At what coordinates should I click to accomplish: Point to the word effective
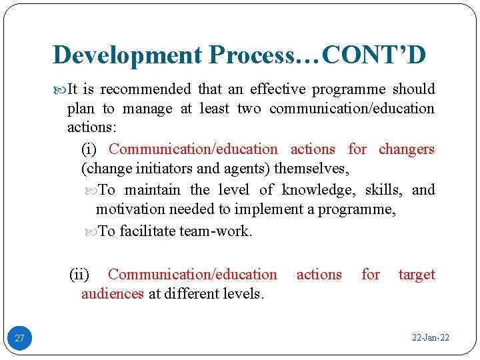(277, 89)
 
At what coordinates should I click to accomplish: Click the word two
(249, 108)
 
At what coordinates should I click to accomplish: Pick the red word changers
(406, 149)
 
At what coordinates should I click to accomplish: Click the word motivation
(130, 210)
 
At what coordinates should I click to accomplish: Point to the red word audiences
(112, 293)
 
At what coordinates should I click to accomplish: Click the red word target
(417, 274)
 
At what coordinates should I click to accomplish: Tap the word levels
(241, 293)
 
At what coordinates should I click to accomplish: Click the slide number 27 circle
(19, 338)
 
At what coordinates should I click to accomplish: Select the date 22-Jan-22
(431, 338)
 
